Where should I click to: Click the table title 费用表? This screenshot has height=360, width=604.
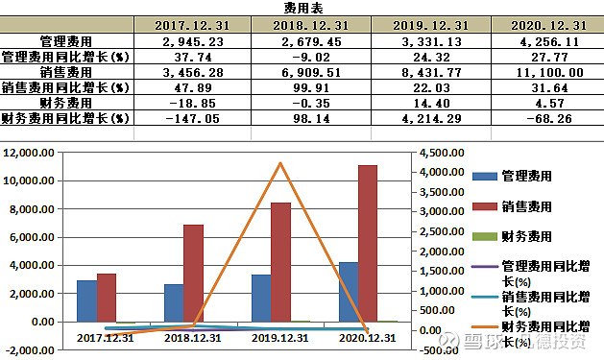click(x=309, y=8)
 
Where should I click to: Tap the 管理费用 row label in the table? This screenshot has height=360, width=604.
click(x=66, y=41)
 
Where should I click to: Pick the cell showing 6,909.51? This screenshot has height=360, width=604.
click(x=311, y=72)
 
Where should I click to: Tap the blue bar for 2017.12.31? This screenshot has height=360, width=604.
click(x=86, y=300)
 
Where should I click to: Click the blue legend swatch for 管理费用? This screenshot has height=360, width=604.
click(x=485, y=176)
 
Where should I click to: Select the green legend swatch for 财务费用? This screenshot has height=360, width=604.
click(x=485, y=236)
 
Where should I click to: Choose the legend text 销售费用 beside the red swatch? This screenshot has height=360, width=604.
click(x=527, y=206)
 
